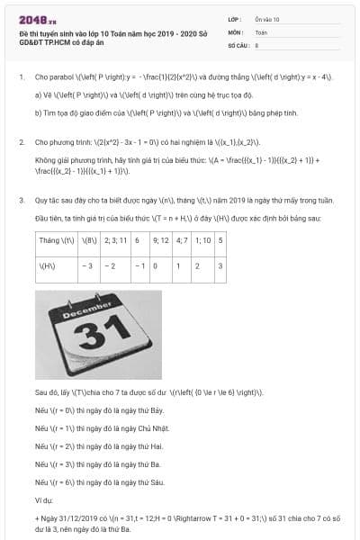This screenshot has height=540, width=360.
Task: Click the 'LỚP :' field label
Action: point(235,19)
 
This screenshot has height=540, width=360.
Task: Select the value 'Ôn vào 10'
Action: point(266,19)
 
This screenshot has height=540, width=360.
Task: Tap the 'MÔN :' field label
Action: point(236,31)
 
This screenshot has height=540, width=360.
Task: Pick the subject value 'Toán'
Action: point(261,31)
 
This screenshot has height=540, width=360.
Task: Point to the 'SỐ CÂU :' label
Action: point(238,44)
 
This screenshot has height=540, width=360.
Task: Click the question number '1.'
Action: point(21,77)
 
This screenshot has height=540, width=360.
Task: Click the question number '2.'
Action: point(21,142)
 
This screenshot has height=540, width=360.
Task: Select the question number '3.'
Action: point(21,199)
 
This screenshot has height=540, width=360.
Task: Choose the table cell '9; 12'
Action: point(161,242)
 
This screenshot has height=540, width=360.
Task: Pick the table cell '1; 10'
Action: point(203,242)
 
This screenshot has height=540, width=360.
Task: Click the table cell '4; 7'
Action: point(182,242)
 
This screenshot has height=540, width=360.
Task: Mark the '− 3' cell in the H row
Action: point(87,266)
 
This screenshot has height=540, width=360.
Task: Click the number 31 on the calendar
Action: point(94,335)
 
